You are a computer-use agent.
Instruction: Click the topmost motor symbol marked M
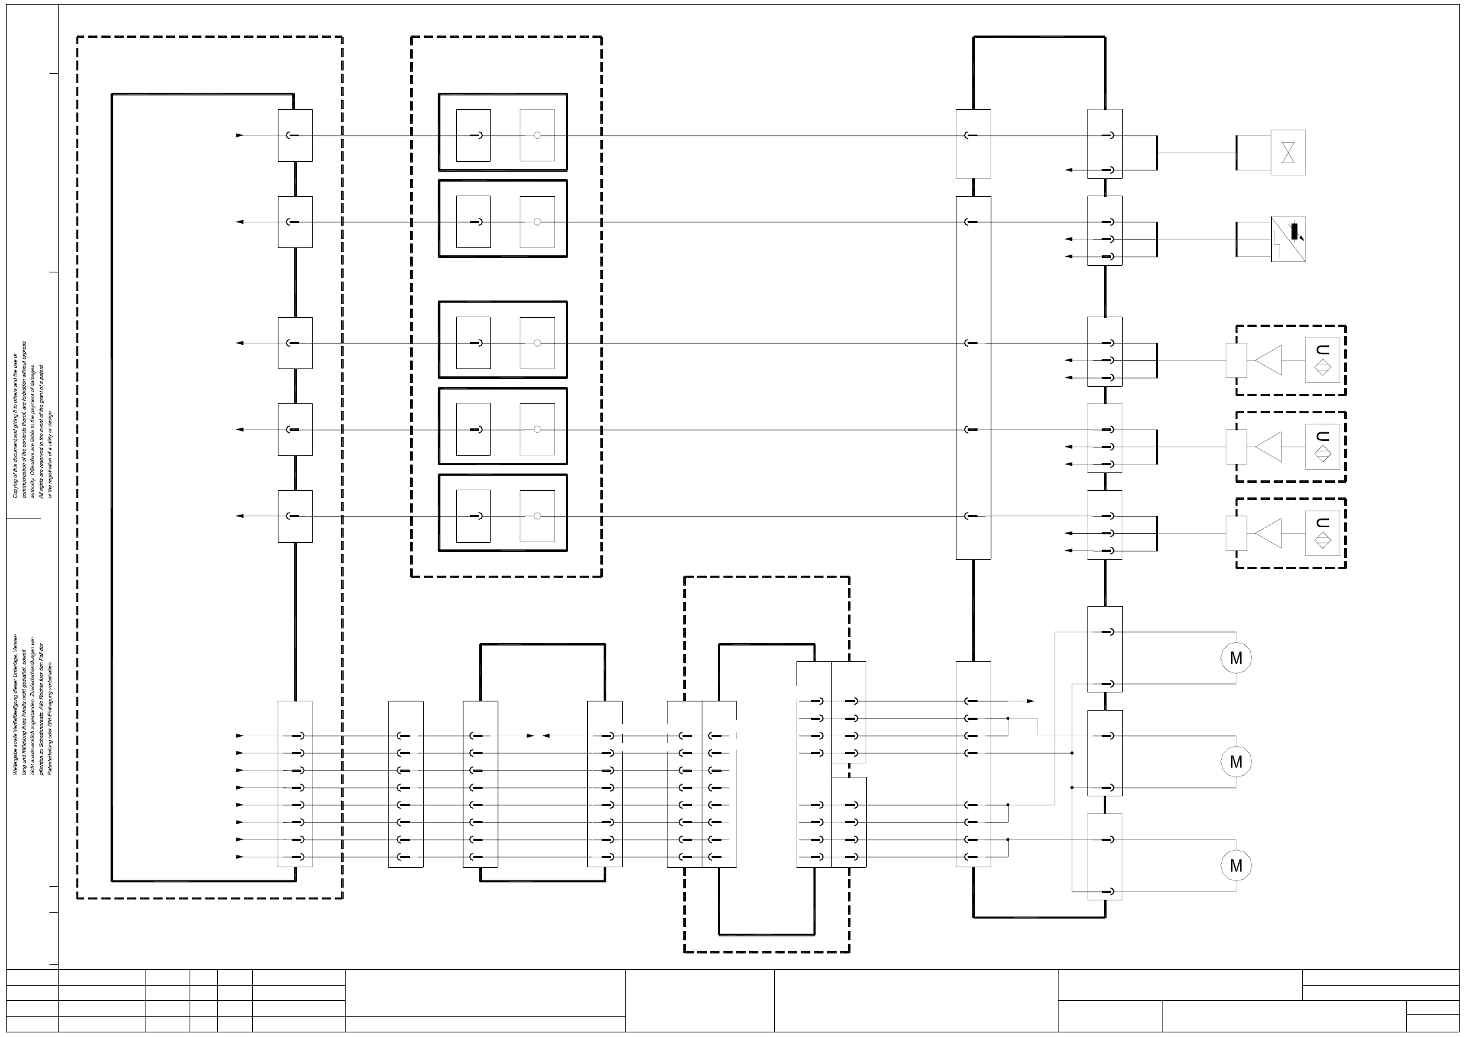coord(1236,658)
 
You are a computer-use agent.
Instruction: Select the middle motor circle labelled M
coord(1236,762)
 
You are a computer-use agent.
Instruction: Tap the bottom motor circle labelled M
coord(1236,866)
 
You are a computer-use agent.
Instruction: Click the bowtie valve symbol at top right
coord(1288,153)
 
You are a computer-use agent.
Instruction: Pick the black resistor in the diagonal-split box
coord(1294,232)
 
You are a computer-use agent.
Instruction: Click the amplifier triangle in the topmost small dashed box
coord(1269,361)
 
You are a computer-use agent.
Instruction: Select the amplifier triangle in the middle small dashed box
coord(1269,447)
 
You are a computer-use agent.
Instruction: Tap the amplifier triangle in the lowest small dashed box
coord(1269,534)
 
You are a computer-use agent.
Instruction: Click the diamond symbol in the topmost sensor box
coord(1322,368)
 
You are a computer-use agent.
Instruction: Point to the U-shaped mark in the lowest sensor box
coord(1322,523)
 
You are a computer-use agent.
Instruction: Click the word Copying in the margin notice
coord(15,487)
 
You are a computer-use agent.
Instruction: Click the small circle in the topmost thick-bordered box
coord(537,136)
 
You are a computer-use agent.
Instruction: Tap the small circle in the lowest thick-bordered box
coord(537,516)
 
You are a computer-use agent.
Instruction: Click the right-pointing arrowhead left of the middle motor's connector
coord(1030,701)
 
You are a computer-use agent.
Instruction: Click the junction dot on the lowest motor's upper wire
coord(1008,840)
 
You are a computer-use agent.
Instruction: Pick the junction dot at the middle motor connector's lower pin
coord(1072,788)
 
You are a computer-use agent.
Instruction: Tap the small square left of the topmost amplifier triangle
coord(1236,361)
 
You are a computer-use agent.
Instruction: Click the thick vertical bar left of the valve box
coord(1237,153)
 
